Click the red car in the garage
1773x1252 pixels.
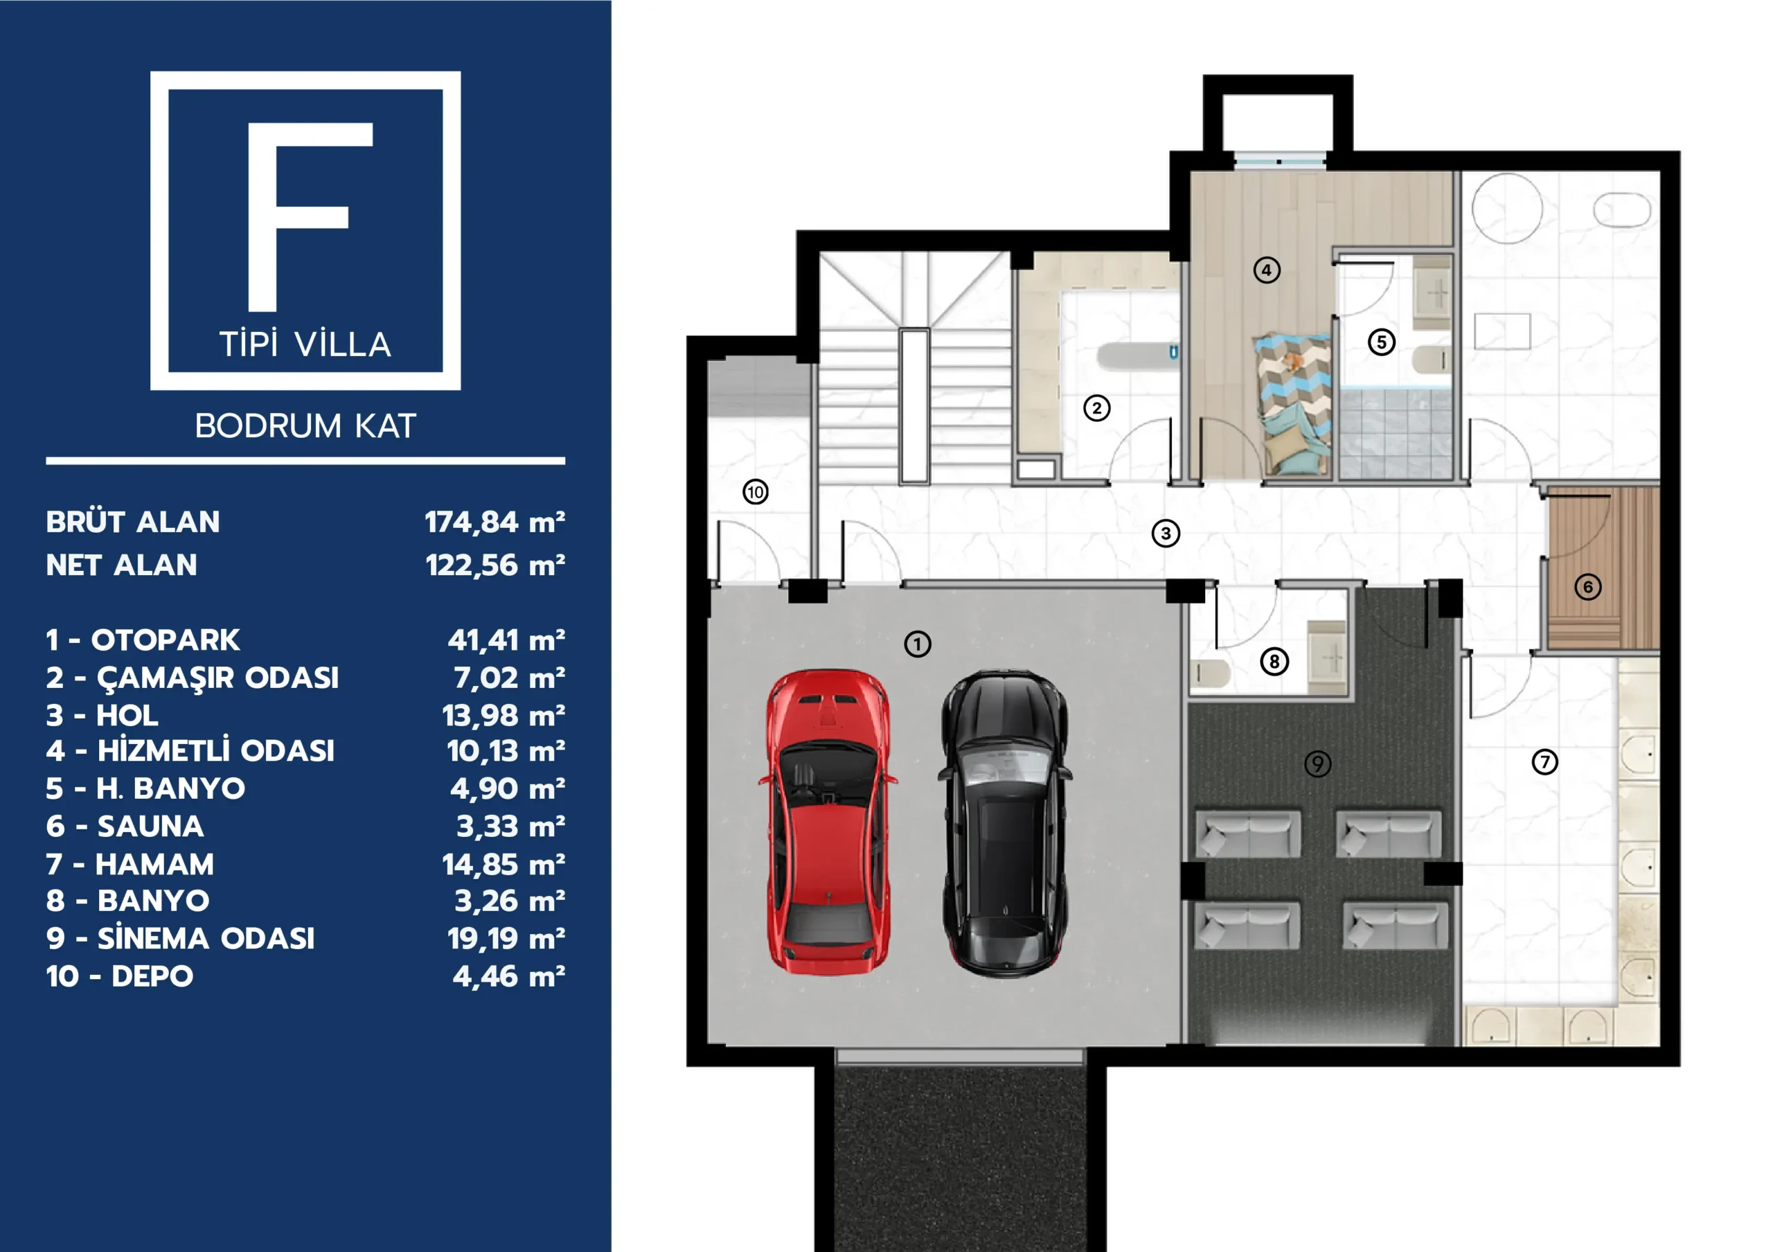(x=828, y=822)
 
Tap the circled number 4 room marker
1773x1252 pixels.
(x=1267, y=270)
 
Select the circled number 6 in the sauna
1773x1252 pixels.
(x=1587, y=587)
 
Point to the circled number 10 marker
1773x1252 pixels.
(x=755, y=492)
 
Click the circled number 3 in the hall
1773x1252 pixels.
(x=1166, y=534)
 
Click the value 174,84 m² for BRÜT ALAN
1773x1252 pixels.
(x=495, y=523)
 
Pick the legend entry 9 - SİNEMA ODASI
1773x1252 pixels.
(x=180, y=938)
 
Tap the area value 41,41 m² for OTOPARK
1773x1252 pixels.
(x=506, y=640)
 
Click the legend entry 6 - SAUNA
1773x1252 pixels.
(x=125, y=827)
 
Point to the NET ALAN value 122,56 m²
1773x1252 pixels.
(x=495, y=566)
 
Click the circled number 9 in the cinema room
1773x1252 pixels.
(x=1317, y=764)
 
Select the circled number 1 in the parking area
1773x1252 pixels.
(x=918, y=644)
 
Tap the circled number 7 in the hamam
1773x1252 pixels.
(x=1544, y=762)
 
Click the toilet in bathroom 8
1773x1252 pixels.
(x=1210, y=673)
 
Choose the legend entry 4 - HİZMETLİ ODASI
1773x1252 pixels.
(x=190, y=751)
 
